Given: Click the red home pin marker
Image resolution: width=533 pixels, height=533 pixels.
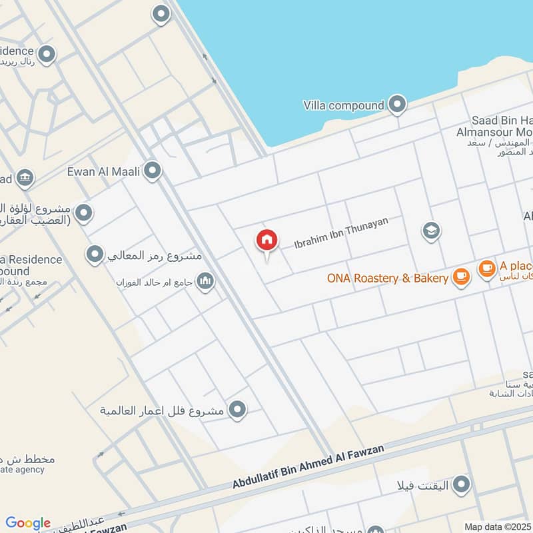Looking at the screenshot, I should point(266,241).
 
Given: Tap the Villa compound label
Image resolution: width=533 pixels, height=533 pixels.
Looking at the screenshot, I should point(343,105).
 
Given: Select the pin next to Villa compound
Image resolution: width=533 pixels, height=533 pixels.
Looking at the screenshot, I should point(397,104).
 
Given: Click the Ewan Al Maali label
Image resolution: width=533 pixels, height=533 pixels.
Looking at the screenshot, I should point(103,172).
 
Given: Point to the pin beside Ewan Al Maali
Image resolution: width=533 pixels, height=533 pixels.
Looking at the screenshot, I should point(153,171).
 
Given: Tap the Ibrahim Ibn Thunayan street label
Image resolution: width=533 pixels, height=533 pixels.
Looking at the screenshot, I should point(340,233).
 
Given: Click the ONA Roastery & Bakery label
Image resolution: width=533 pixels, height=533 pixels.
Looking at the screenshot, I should point(388,278).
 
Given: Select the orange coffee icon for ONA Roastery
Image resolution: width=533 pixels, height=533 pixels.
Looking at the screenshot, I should point(460,277).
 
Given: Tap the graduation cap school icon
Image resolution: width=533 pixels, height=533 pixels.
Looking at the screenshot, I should point(431,231).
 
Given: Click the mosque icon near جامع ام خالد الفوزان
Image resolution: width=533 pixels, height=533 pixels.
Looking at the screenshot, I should point(205,282).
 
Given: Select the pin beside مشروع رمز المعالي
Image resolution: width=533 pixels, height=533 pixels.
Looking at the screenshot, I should point(95,254).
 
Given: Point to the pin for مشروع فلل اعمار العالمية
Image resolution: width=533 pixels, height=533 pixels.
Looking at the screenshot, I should point(237,410).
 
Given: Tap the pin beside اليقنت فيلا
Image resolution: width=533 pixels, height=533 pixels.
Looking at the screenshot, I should point(460,484).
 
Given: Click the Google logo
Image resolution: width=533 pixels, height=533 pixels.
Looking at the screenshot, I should point(28,523).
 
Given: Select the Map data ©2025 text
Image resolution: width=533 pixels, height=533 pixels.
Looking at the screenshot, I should point(496,526).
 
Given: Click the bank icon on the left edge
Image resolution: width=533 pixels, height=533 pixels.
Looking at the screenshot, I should point(25,178).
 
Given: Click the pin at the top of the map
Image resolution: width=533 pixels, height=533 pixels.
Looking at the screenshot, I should point(161,13).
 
